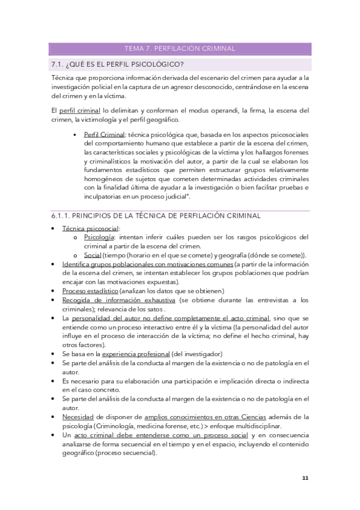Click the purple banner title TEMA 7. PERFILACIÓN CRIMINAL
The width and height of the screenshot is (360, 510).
pos(179,49)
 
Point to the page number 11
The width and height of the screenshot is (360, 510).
pos(305,478)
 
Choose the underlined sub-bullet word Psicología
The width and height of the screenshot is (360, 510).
pos(99,237)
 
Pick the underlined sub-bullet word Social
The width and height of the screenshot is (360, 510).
pos(93,255)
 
